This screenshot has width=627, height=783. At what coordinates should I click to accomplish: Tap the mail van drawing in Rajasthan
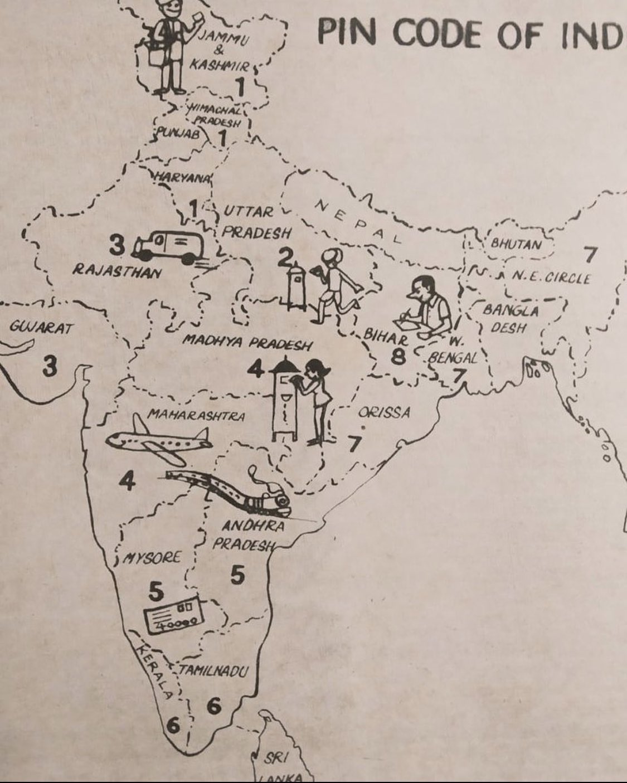coord(167,246)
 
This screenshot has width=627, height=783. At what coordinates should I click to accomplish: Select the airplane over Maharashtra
coord(159,440)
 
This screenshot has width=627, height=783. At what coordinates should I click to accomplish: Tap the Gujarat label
coord(41,328)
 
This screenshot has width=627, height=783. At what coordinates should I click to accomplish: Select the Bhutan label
coord(516,244)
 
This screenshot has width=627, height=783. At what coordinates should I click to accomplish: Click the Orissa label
coord(384,413)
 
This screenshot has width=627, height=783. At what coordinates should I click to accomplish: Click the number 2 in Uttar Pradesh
coord(285,257)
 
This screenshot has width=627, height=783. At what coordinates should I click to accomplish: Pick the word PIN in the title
coord(347,32)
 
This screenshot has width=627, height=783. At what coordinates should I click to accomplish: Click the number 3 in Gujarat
coord(50,367)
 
